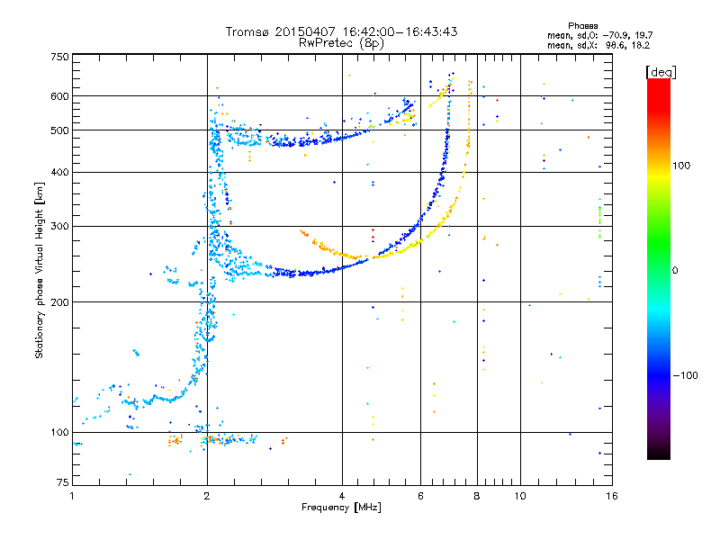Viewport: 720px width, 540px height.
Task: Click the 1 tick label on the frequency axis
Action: tap(73, 496)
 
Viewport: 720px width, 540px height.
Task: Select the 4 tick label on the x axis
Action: tap(342, 496)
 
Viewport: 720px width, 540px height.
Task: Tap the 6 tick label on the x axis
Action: tap(420, 496)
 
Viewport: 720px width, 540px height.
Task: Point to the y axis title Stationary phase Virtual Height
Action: tap(40, 270)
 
